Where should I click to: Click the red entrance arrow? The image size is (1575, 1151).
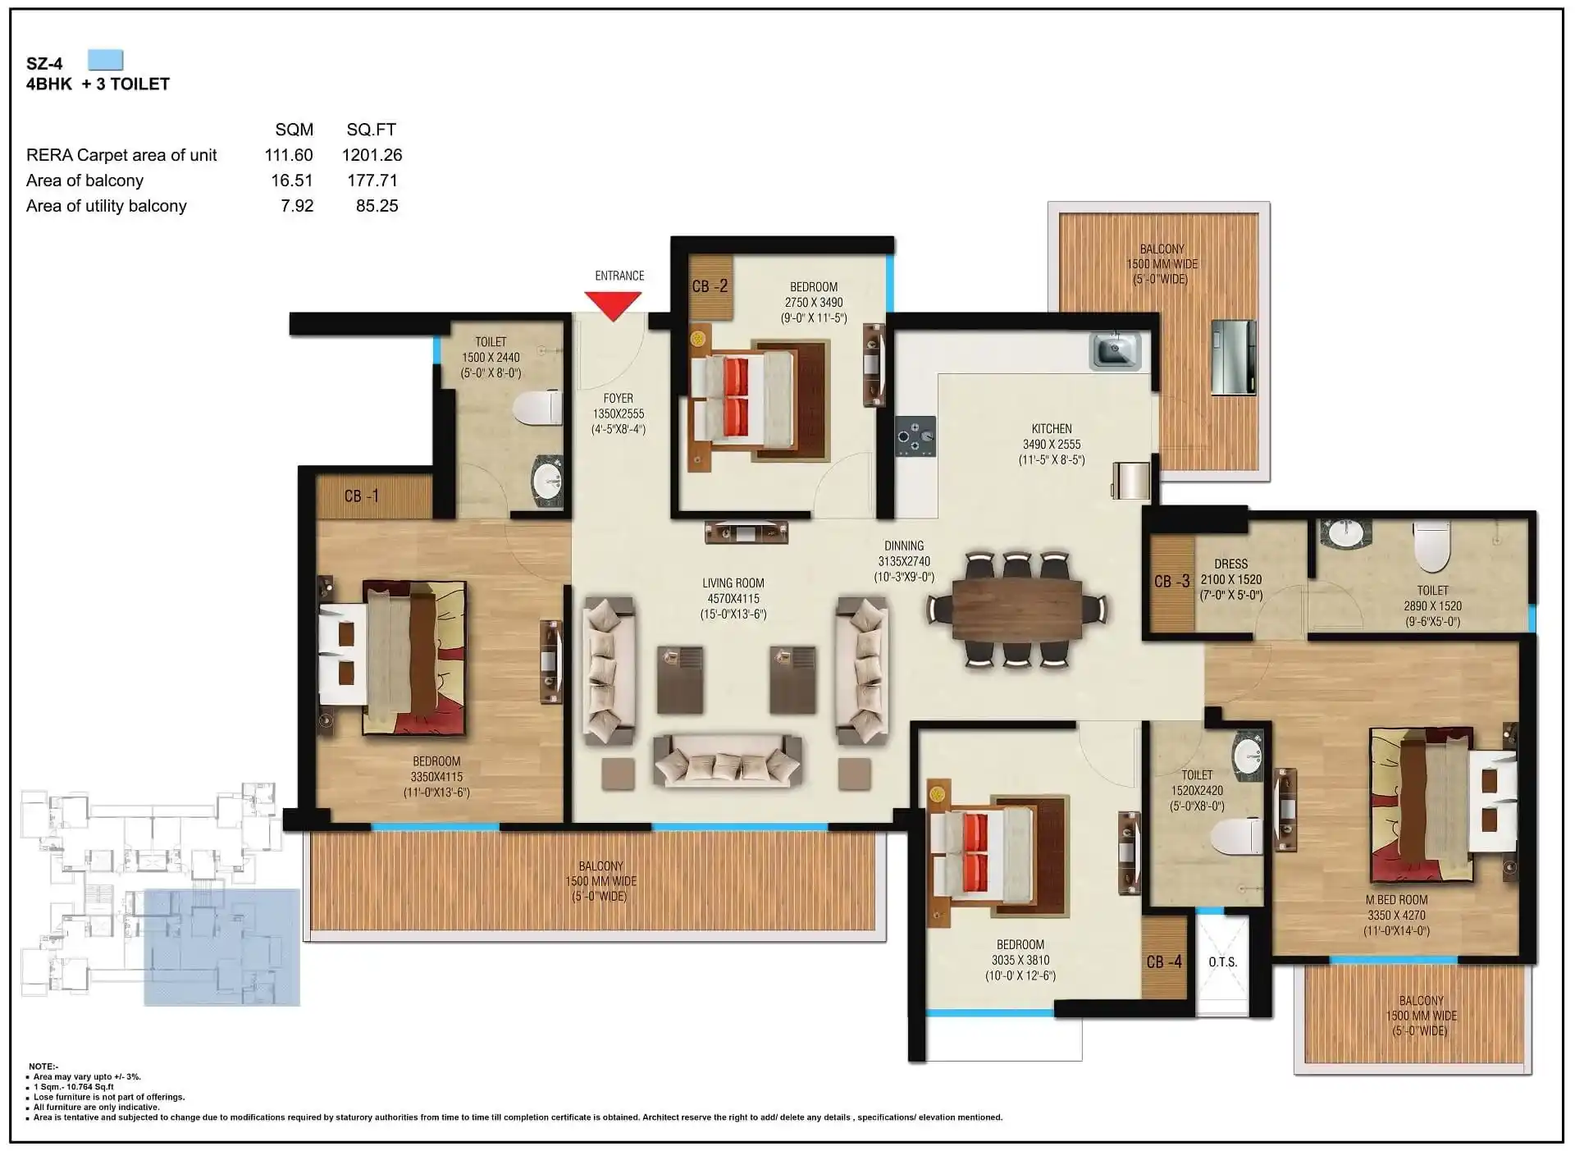(614, 306)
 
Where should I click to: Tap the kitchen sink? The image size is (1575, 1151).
(1115, 350)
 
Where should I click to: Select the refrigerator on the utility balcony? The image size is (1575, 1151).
(1234, 357)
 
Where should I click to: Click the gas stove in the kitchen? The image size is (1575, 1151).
(915, 436)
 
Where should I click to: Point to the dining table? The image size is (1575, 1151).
(1017, 608)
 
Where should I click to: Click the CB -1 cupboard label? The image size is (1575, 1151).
(362, 496)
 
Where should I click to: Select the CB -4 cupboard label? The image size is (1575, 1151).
(1164, 961)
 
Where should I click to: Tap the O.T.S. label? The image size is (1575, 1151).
(1222, 961)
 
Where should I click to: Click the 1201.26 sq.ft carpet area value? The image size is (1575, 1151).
(372, 155)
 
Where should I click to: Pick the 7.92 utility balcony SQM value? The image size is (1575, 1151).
(297, 206)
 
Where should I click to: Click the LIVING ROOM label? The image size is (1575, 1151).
(733, 583)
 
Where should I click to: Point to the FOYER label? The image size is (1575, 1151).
(619, 399)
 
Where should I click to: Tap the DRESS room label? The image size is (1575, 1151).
(1230, 564)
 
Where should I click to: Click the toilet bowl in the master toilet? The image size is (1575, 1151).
(1432, 546)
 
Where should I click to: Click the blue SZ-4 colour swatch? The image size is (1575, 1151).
(105, 60)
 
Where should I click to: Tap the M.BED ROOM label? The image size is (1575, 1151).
(1396, 900)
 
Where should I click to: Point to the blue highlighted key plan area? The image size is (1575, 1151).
(222, 948)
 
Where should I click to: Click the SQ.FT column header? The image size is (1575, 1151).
(371, 130)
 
